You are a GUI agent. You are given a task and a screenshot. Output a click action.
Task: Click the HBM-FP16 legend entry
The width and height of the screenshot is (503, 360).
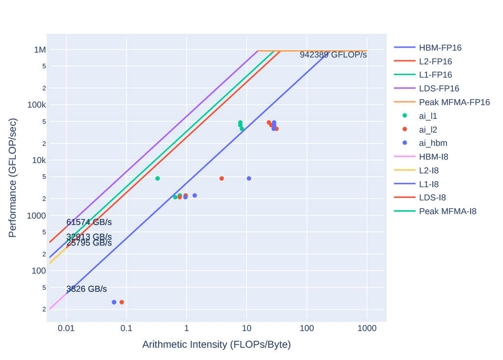tap(440, 48)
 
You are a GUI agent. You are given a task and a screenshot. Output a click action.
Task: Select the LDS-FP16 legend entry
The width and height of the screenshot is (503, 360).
tap(439, 88)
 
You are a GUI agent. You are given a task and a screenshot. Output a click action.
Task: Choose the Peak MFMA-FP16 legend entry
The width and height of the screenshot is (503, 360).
tap(454, 102)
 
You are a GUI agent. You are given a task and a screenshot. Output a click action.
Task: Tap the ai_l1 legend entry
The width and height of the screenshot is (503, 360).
tap(428, 116)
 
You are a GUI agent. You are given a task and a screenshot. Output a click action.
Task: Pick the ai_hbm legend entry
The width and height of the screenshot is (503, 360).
tap(433, 143)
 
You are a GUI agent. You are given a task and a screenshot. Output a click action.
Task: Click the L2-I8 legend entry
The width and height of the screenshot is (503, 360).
tap(429, 170)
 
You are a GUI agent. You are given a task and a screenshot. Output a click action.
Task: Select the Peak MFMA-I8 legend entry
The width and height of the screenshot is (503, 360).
tap(447, 211)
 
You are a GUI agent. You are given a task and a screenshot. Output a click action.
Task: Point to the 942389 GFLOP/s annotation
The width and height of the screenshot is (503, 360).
tap(333, 55)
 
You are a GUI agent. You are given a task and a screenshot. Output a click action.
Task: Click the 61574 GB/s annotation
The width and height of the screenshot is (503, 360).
tap(89, 222)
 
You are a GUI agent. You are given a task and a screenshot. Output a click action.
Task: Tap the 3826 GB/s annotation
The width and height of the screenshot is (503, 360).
tap(86, 289)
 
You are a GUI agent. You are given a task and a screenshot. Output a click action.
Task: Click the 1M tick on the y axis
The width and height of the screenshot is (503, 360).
tap(39, 50)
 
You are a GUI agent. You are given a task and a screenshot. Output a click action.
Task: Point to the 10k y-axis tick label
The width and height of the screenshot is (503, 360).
tap(38, 160)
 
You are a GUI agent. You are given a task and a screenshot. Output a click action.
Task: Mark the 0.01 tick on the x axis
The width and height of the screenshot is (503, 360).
tap(66, 328)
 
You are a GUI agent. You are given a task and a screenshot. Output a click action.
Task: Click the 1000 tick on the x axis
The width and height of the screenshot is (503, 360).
tap(367, 328)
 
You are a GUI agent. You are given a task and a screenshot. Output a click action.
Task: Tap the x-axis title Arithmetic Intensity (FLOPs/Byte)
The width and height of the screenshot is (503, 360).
tap(216, 344)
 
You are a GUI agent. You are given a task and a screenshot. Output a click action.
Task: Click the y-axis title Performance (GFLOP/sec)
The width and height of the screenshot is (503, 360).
tap(13, 177)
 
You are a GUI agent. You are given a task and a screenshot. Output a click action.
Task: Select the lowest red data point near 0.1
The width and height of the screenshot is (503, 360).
tap(121, 302)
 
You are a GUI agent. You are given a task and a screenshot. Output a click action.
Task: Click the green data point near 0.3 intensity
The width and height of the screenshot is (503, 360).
tap(157, 178)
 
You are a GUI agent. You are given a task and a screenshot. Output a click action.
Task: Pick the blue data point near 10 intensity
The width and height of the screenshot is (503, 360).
tap(249, 178)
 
